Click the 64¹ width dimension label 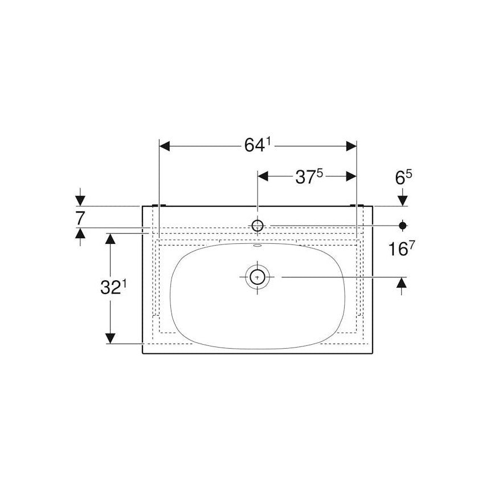coord(256,146)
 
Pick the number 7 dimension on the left coord(80,217)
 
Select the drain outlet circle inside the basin coord(258,277)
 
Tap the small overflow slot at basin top coord(258,247)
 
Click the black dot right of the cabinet coord(403,225)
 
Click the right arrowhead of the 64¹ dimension coord(350,146)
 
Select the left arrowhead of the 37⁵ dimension coord(263,177)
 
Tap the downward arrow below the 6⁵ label coord(403,200)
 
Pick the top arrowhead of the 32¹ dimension coord(111,238)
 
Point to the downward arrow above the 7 coord(80,200)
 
